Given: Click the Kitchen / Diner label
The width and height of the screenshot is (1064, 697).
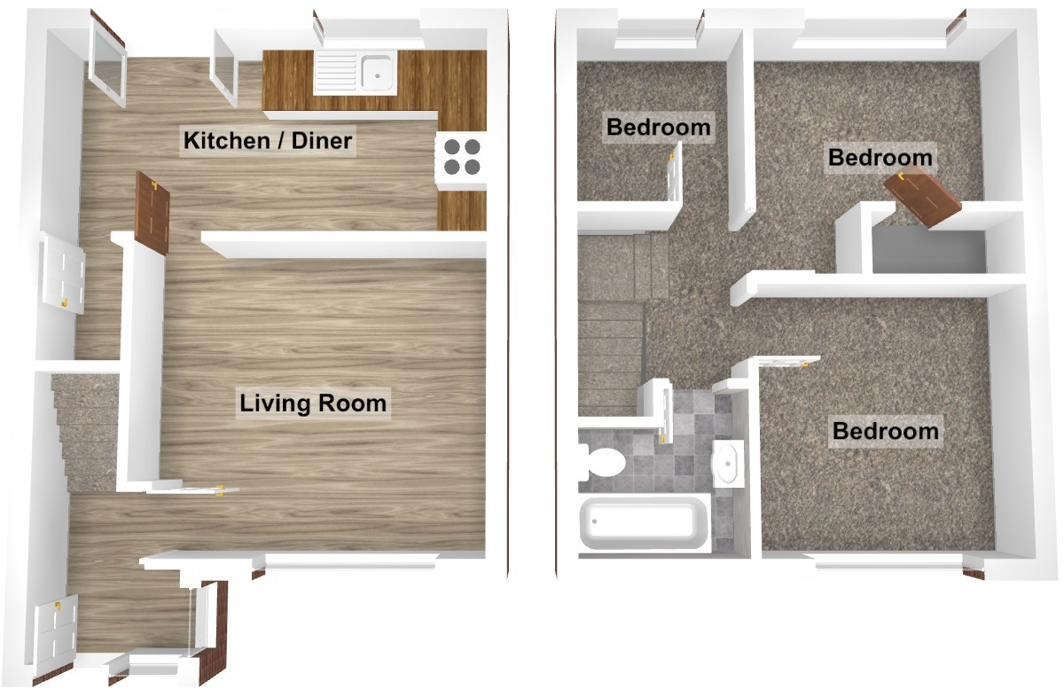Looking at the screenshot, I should (268, 140).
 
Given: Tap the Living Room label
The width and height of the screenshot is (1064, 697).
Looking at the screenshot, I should (313, 403).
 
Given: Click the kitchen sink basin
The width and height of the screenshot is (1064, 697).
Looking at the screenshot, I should (378, 71).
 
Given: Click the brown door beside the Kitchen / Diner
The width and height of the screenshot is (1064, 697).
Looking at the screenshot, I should (153, 213).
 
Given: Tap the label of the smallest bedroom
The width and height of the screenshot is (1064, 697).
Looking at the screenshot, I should (658, 127).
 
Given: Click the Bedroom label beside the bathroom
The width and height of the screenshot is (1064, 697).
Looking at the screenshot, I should (885, 432).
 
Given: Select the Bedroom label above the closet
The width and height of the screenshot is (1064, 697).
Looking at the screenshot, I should (880, 158).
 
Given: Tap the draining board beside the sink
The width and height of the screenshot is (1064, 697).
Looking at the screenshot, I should (337, 71).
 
